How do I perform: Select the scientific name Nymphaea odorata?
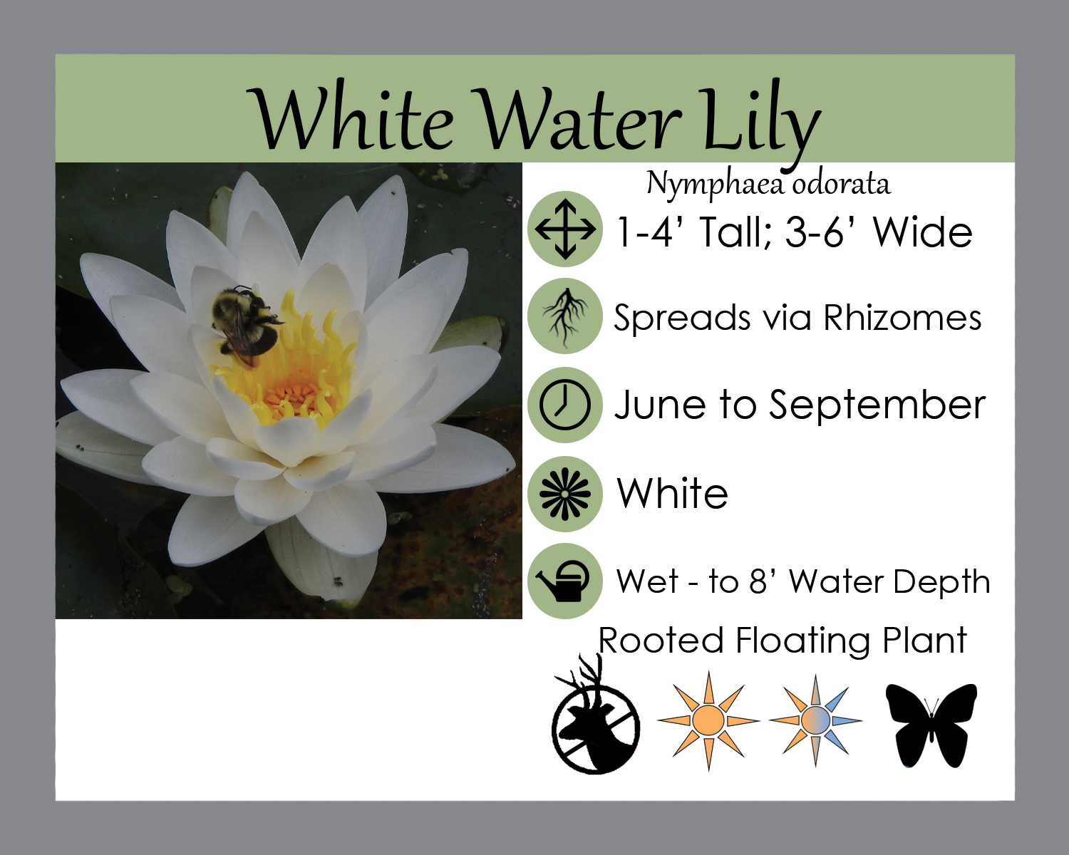coord(768,185)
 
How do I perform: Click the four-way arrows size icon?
coord(565,229)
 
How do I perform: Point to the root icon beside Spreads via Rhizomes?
coord(565,316)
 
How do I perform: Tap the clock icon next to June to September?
coord(565,405)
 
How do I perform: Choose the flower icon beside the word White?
coord(565,494)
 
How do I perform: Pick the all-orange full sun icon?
coord(708,721)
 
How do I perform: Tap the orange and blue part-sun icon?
coord(815,721)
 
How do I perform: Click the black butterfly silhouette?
coord(931,725)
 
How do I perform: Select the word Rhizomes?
coord(902,318)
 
